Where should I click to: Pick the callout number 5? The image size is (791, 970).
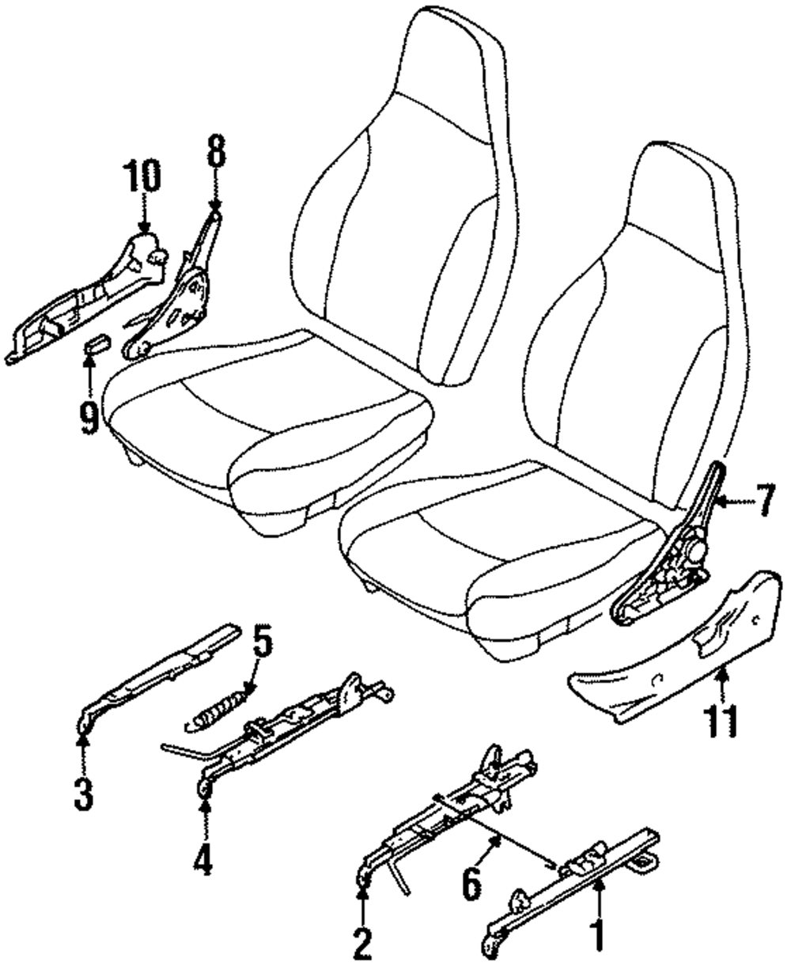263,646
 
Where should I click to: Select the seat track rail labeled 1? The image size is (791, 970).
570,886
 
